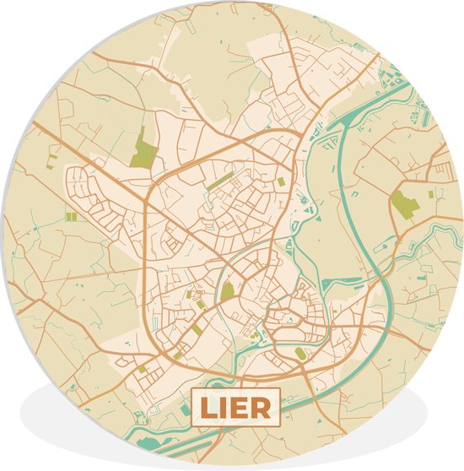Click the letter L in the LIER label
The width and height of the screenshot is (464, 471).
pos(207,409)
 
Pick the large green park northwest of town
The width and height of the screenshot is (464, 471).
pos(144,149)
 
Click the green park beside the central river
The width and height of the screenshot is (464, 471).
pos(227,291)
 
